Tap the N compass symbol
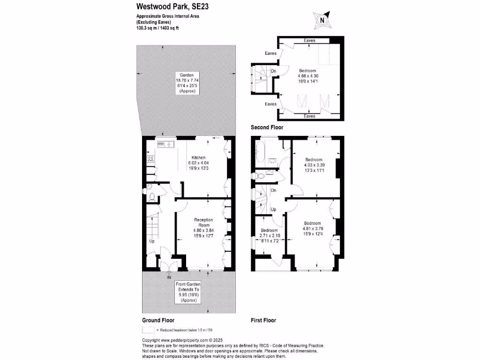click(322, 20)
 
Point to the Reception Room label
click(204, 228)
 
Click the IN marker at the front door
click(169, 277)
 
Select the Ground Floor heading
click(158, 321)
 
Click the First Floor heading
click(263, 321)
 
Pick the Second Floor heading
click(267, 127)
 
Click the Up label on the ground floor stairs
click(152, 241)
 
